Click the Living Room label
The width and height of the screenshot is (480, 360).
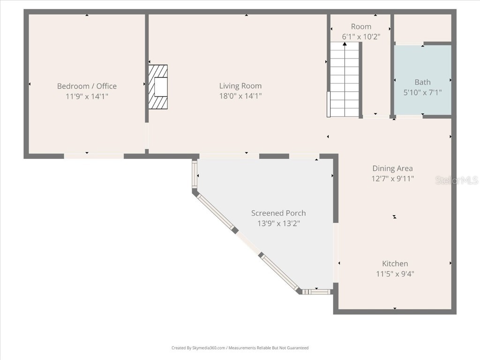coord(240,86)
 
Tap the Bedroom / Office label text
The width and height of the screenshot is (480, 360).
coord(87,86)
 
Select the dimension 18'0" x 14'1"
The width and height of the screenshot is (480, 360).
coord(240,96)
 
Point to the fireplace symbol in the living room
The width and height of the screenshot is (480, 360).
coord(158,87)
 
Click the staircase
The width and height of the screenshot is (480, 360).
coord(345,80)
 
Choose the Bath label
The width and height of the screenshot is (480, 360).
coord(422,82)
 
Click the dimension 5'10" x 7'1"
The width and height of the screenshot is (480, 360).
coord(422,92)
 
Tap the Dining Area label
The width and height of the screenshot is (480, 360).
coord(392,168)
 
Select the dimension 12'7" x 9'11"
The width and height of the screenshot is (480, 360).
coord(392,179)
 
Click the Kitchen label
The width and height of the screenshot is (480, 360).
coord(395,263)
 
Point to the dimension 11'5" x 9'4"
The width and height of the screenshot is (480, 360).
coord(395,274)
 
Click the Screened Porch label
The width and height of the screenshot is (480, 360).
coord(278,213)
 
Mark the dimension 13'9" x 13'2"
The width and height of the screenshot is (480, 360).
coord(278,223)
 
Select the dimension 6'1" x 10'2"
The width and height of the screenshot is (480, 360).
coord(360,36)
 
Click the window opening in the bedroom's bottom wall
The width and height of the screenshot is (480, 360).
coord(94,156)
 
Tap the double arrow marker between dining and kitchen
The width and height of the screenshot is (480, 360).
coord(395,217)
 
